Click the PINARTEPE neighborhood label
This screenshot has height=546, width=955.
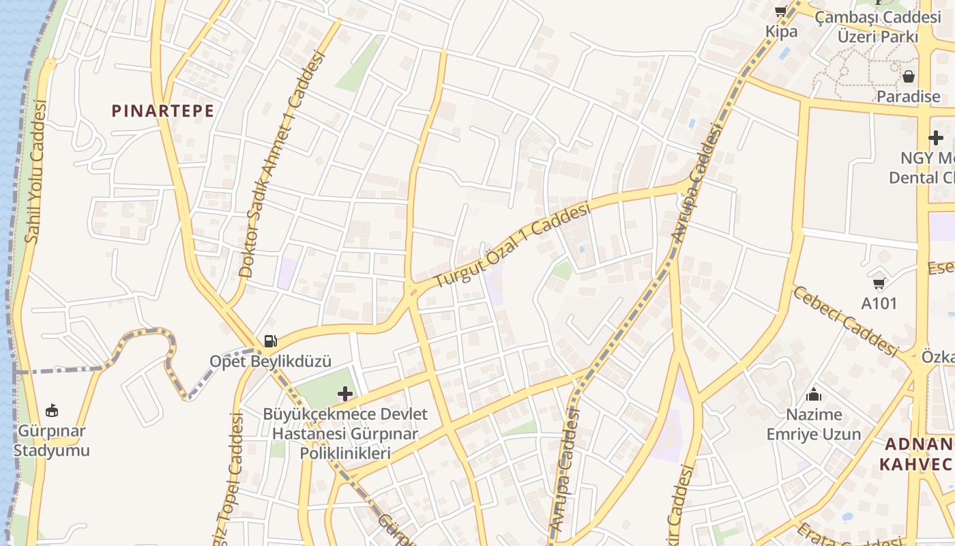(x=163, y=111)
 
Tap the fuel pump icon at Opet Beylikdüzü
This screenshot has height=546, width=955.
(x=271, y=341)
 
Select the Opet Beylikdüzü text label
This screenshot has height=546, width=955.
(x=270, y=361)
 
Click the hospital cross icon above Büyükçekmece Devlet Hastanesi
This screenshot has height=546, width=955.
(x=345, y=394)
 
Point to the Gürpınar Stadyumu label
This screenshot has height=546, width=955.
(x=52, y=441)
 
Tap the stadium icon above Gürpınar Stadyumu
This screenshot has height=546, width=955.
(x=52, y=410)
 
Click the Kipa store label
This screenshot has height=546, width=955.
(x=781, y=31)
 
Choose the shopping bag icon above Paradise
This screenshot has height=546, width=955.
(x=908, y=76)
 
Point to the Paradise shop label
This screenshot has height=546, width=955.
(x=908, y=96)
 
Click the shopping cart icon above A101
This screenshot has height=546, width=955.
(x=879, y=283)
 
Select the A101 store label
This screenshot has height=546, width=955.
(x=879, y=303)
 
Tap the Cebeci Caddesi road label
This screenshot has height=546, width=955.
(x=845, y=321)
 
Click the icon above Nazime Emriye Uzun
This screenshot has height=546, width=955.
(x=814, y=394)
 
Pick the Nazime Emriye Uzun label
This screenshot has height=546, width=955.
(x=814, y=425)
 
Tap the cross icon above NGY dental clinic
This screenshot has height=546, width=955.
(x=935, y=139)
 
